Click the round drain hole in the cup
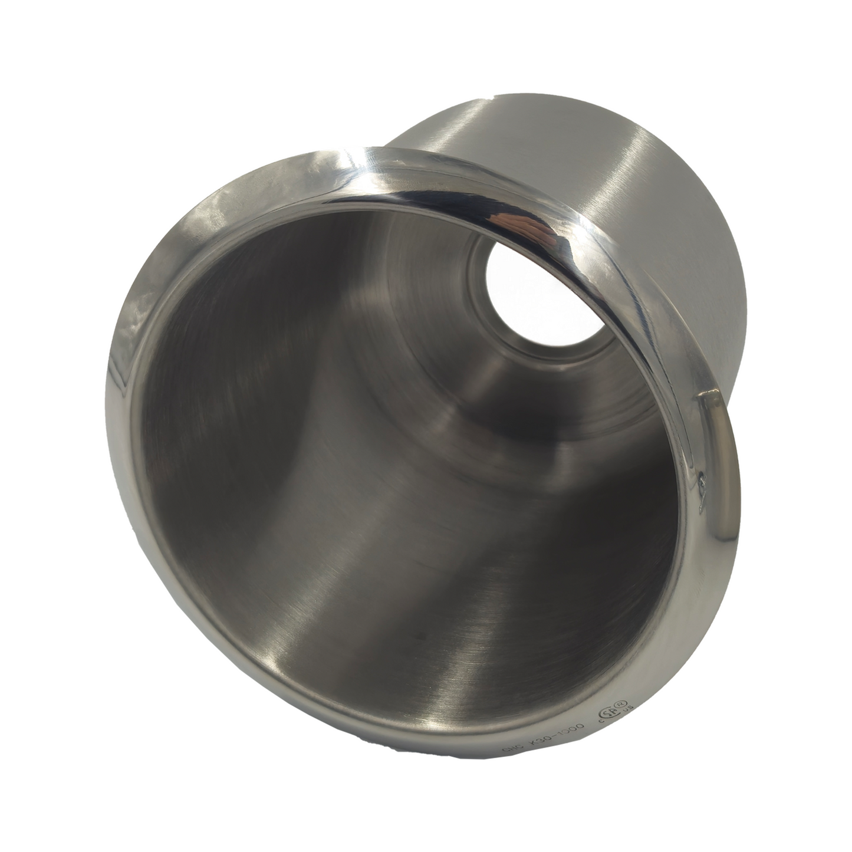click(x=525, y=295)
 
